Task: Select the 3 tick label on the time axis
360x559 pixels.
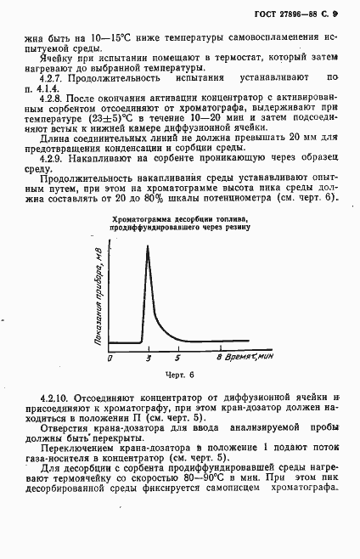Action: click(148, 359)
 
